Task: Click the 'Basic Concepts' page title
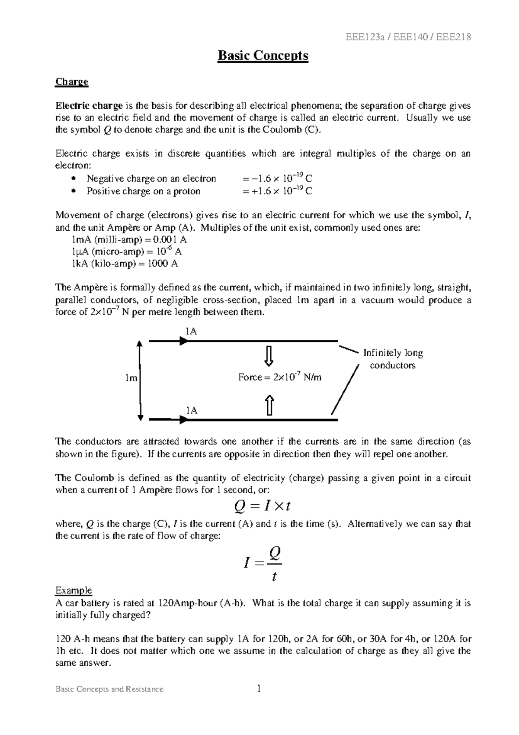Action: [x=263, y=56]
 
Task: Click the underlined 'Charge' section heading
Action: [x=71, y=82]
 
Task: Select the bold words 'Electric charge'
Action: [x=89, y=106]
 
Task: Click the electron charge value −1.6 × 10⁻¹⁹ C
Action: [x=277, y=178]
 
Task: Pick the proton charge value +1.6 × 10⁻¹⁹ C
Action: [x=277, y=191]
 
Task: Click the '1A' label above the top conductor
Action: [x=191, y=331]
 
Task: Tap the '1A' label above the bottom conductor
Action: [x=191, y=410]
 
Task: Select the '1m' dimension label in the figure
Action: [x=131, y=378]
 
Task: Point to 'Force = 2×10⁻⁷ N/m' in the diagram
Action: [x=280, y=377]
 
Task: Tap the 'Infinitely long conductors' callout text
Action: [x=393, y=359]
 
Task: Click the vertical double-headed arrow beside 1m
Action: [x=140, y=380]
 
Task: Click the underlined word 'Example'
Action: [x=74, y=590]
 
